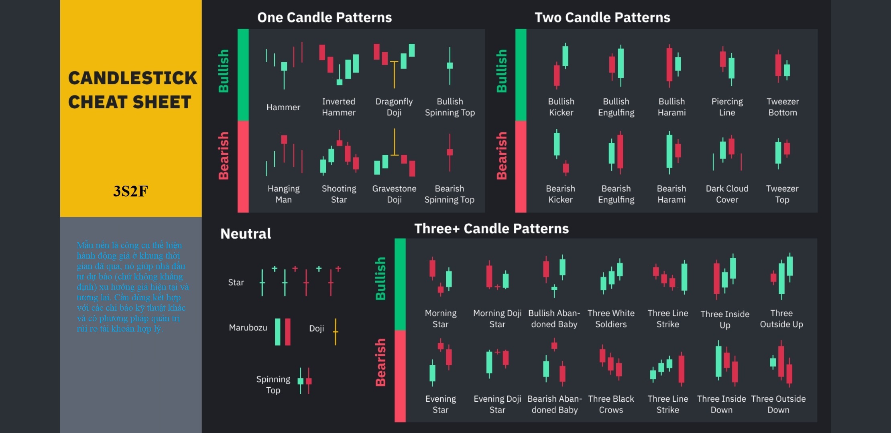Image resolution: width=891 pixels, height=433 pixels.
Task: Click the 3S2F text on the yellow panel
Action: pos(130,191)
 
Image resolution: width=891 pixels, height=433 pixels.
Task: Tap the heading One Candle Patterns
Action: pos(324,17)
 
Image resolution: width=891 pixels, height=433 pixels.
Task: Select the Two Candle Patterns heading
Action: pos(602,17)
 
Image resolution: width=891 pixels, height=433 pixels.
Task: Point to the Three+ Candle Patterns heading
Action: pos(491,229)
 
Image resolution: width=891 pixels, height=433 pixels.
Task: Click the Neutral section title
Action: pos(246,234)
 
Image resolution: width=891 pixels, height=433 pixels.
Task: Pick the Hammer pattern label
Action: pos(283,107)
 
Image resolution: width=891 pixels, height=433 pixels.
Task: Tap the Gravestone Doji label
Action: pos(394,194)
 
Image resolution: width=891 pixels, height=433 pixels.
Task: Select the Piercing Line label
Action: pos(727,107)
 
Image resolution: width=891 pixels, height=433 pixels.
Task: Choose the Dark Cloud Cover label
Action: pos(727,194)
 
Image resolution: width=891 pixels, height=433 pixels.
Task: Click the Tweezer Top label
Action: pos(782,194)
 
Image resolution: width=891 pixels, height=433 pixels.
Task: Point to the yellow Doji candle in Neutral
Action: pos(336,332)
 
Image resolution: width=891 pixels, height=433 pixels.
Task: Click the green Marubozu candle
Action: pos(277,332)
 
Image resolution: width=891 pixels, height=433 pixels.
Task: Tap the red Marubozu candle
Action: pos(287,332)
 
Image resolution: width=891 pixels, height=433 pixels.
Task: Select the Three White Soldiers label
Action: pos(611,319)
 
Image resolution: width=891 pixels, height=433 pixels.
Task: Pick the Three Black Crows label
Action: pos(611,404)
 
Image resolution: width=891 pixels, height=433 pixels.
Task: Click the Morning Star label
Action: pos(440,319)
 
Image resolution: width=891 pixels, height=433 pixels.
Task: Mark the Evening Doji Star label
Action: pos(497,404)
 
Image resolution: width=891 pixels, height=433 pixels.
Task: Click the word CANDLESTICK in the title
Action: pos(132,78)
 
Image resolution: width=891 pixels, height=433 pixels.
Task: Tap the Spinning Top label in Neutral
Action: pos(273,384)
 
